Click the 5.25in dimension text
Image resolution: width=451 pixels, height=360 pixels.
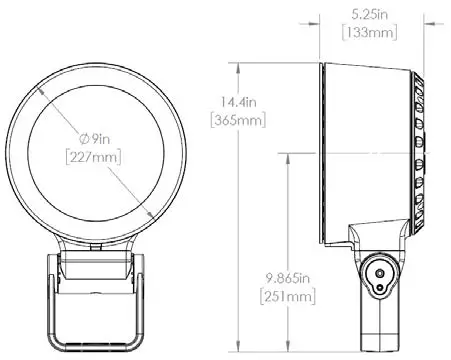(x=370, y=15)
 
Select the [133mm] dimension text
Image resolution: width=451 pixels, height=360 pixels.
(x=370, y=33)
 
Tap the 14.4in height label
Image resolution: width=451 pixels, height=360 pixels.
(x=239, y=102)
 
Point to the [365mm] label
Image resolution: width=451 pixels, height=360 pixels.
(x=238, y=120)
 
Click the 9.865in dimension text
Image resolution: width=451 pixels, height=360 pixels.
(x=287, y=278)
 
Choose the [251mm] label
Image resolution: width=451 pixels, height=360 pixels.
(x=287, y=296)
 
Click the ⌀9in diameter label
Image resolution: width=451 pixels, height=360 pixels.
(x=95, y=139)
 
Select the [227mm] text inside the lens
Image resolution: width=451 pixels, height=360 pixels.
(x=93, y=157)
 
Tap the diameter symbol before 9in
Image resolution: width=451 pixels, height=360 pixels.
(x=84, y=139)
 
